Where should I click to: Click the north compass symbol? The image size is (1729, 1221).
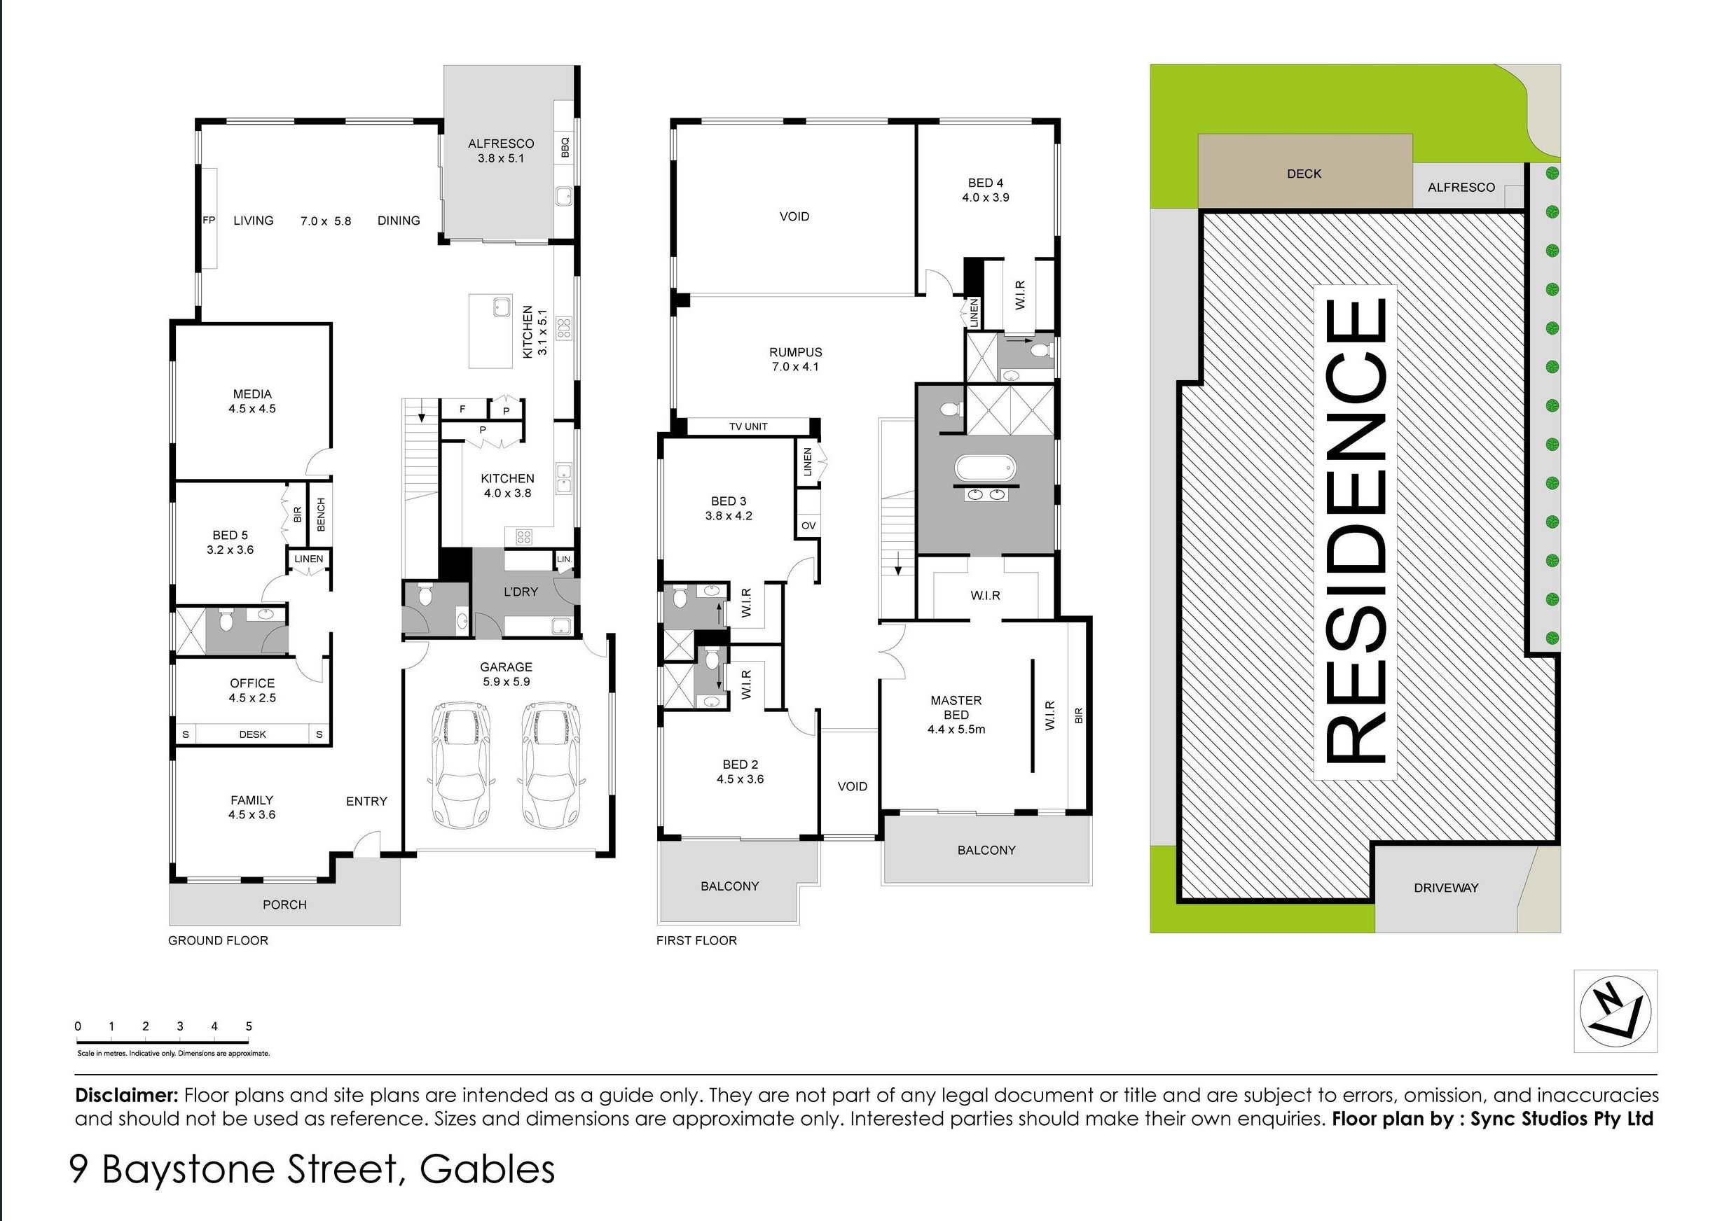tap(1615, 1011)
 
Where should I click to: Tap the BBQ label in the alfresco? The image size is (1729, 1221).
tap(565, 148)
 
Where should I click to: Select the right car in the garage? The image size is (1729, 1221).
tap(552, 765)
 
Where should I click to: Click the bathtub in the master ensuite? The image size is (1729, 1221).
tap(985, 468)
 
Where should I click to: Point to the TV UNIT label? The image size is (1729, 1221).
tap(748, 427)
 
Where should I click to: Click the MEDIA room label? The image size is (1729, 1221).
tap(252, 393)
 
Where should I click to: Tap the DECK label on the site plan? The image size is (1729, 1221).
tap(1304, 174)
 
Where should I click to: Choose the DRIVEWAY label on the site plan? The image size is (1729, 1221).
tap(1446, 888)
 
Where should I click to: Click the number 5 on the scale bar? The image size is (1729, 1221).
tap(249, 1026)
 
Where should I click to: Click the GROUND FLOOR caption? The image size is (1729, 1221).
tap(218, 940)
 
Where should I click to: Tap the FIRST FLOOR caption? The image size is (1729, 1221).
tap(696, 940)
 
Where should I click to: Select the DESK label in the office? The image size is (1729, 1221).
tap(252, 734)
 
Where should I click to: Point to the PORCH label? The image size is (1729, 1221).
tap(284, 905)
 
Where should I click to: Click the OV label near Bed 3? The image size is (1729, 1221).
tap(808, 526)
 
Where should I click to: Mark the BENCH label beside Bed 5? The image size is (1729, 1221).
tap(321, 515)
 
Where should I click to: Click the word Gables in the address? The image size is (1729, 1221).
tap(487, 1169)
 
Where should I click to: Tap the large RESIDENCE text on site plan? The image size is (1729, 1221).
tap(1356, 531)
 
